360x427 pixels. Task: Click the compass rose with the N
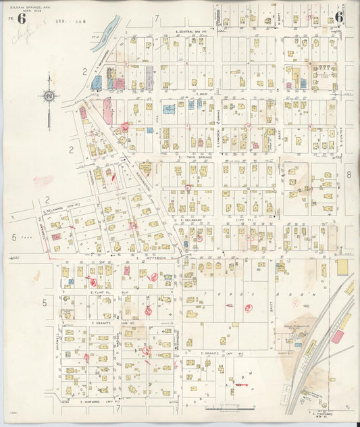coord(49,96)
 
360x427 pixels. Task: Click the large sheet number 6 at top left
coord(22,18)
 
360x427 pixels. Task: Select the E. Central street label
coord(190,32)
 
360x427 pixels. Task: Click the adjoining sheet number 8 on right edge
coord(349,174)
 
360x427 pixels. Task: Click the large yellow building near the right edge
coord(342,266)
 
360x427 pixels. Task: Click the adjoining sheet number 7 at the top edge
coord(156,17)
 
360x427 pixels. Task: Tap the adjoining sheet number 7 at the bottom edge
coord(118,408)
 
